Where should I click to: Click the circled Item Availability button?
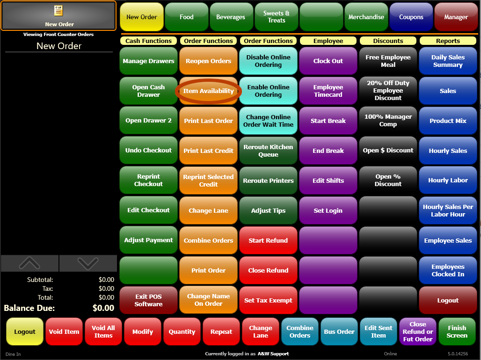click(x=208, y=91)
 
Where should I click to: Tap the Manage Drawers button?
click(x=148, y=61)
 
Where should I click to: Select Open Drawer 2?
click(x=148, y=121)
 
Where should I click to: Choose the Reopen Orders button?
click(x=208, y=61)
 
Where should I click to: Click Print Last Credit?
click(x=208, y=151)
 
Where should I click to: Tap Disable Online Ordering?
click(x=268, y=61)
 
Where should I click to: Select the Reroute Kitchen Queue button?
click(x=268, y=151)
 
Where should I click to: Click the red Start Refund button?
click(x=268, y=240)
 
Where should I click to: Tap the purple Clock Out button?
click(x=328, y=61)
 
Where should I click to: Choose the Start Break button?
click(x=328, y=121)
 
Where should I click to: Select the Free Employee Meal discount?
click(x=388, y=61)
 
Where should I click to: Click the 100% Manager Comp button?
click(x=388, y=121)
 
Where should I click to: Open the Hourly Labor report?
click(x=448, y=180)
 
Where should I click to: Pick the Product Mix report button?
click(x=448, y=121)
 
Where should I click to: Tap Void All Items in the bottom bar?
click(x=103, y=331)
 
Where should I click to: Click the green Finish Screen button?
click(x=457, y=331)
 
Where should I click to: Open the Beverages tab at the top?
click(x=231, y=17)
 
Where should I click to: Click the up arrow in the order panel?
click(x=29, y=264)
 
